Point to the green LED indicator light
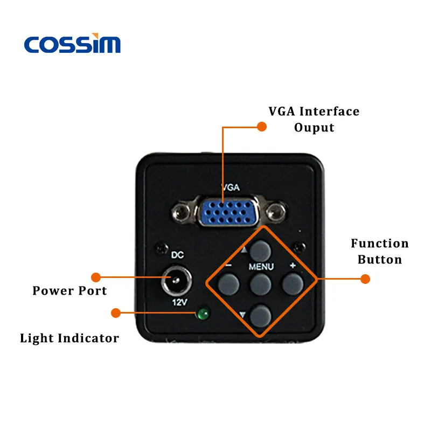point(204,314)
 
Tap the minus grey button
point(228,283)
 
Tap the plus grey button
point(293,283)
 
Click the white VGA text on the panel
point(231,188)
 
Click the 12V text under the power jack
point(178,302)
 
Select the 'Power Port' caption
point(69,291)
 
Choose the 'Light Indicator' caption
point(69,338)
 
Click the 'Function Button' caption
point(379,252)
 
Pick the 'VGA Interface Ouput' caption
point(314,120)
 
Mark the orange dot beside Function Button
point(365,279)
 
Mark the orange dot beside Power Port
point(96,277)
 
